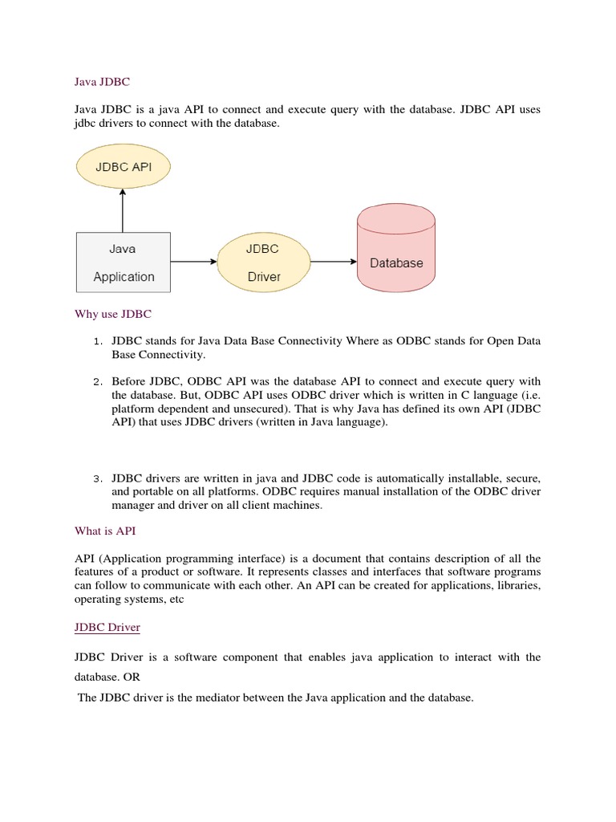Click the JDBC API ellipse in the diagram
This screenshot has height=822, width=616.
click(124, 168)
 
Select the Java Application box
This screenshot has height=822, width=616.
click(123, 262)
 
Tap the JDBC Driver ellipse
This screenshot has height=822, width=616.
click(262, 262)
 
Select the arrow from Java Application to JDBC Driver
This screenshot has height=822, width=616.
click(193, 262)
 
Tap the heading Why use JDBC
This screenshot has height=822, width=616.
click(113, 313)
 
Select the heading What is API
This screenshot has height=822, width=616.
click(106, 531)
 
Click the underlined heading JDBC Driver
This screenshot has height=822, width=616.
click(107, 626)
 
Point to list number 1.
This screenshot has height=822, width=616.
click(97, 342)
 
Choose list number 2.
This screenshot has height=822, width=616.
click(97, 381)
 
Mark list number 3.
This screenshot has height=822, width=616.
click(97, 479)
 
